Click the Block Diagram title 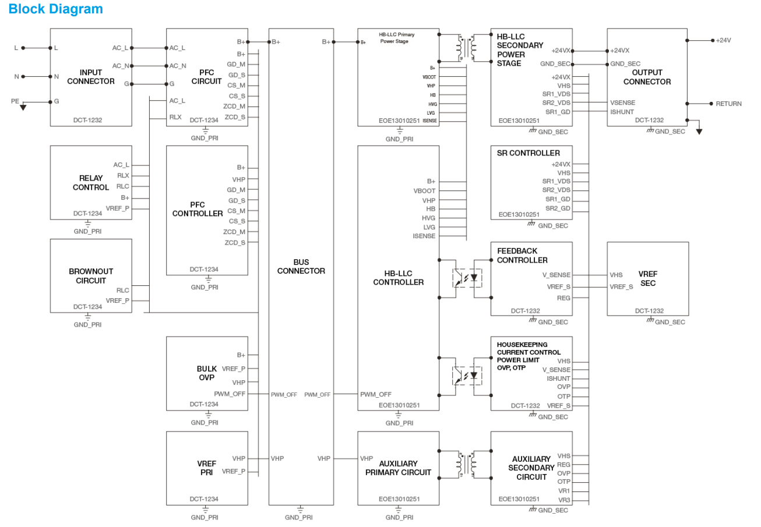coord(56,9)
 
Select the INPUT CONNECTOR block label coord(90,77)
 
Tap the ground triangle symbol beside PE coord(23,107)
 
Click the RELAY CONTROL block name coord(90,183)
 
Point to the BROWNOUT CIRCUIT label coord(90,276)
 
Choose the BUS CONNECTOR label coord(301,267)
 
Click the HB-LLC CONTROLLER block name coord(398,278)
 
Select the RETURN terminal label coord(728,104)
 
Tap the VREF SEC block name coord(647,278)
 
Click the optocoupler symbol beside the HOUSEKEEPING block coord(465,375)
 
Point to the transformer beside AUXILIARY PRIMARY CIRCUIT coord(465,464)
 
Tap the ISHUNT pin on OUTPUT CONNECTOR coord(622,112)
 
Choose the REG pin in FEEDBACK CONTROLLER coord(563,298)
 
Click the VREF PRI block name coord(206,468)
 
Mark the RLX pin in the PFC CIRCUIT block coord(175,117)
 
